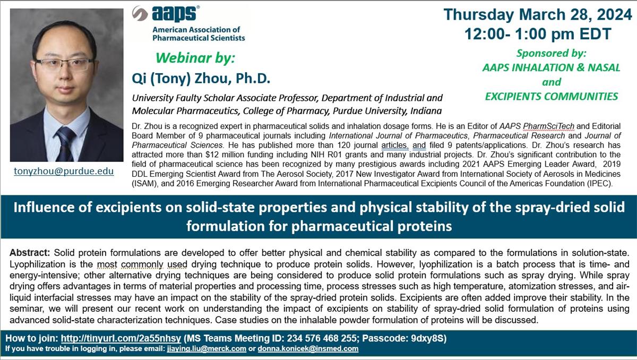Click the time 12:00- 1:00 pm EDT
(x=537, y=34)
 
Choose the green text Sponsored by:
(x=551, y=53)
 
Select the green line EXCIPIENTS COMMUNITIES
(x=551, y=96)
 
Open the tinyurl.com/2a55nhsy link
(x=122, y=338)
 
